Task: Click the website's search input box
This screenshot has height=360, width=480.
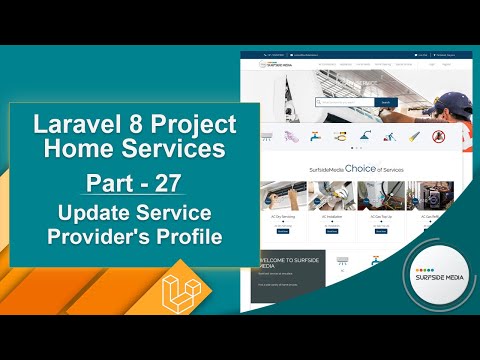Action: click(344, 102)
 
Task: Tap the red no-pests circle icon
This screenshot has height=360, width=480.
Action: click(437, 135)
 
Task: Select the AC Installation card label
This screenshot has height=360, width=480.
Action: click(332, 216)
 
